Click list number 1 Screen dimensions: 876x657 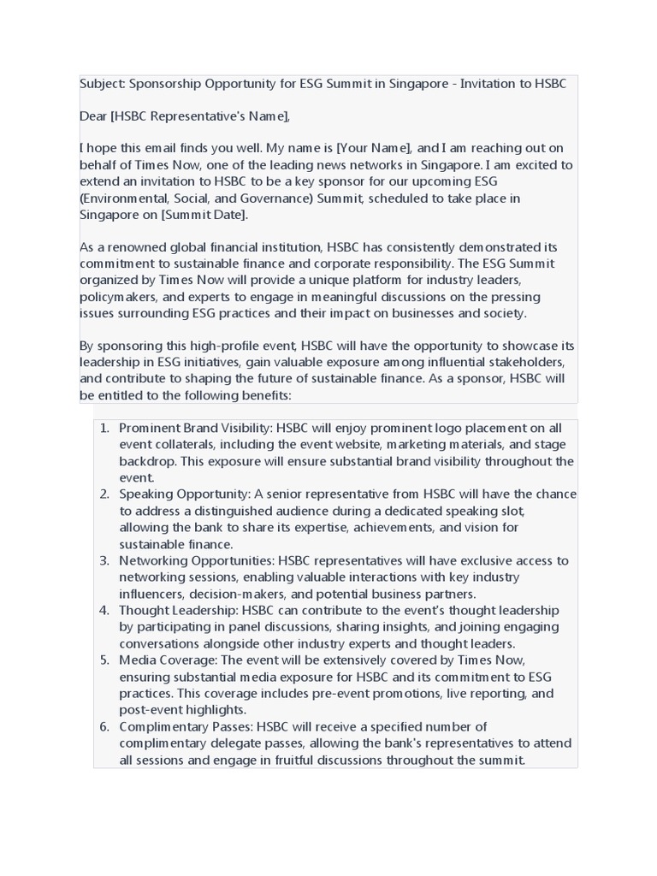(104, 428)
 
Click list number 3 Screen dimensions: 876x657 (104, 561)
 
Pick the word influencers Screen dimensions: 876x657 (151, 595)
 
